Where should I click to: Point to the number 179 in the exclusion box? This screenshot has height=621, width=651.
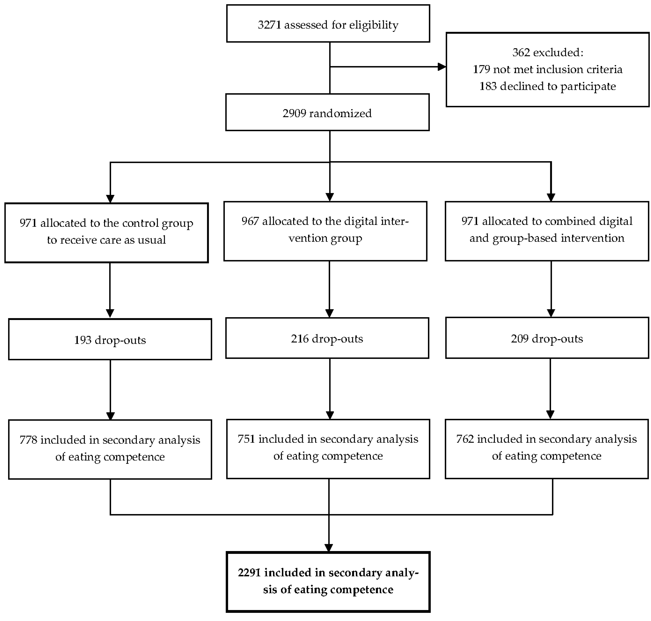click(481, 69)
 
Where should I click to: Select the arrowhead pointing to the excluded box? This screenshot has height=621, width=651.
click(442, 67)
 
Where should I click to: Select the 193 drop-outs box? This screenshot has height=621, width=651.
click(110, 340)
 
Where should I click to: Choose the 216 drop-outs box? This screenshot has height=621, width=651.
click(327, 338)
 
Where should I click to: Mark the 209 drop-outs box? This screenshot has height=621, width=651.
click(547, 338)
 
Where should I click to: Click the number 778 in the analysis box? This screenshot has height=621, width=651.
click(28, 440)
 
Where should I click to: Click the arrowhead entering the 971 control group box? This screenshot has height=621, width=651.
click(110, 199)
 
